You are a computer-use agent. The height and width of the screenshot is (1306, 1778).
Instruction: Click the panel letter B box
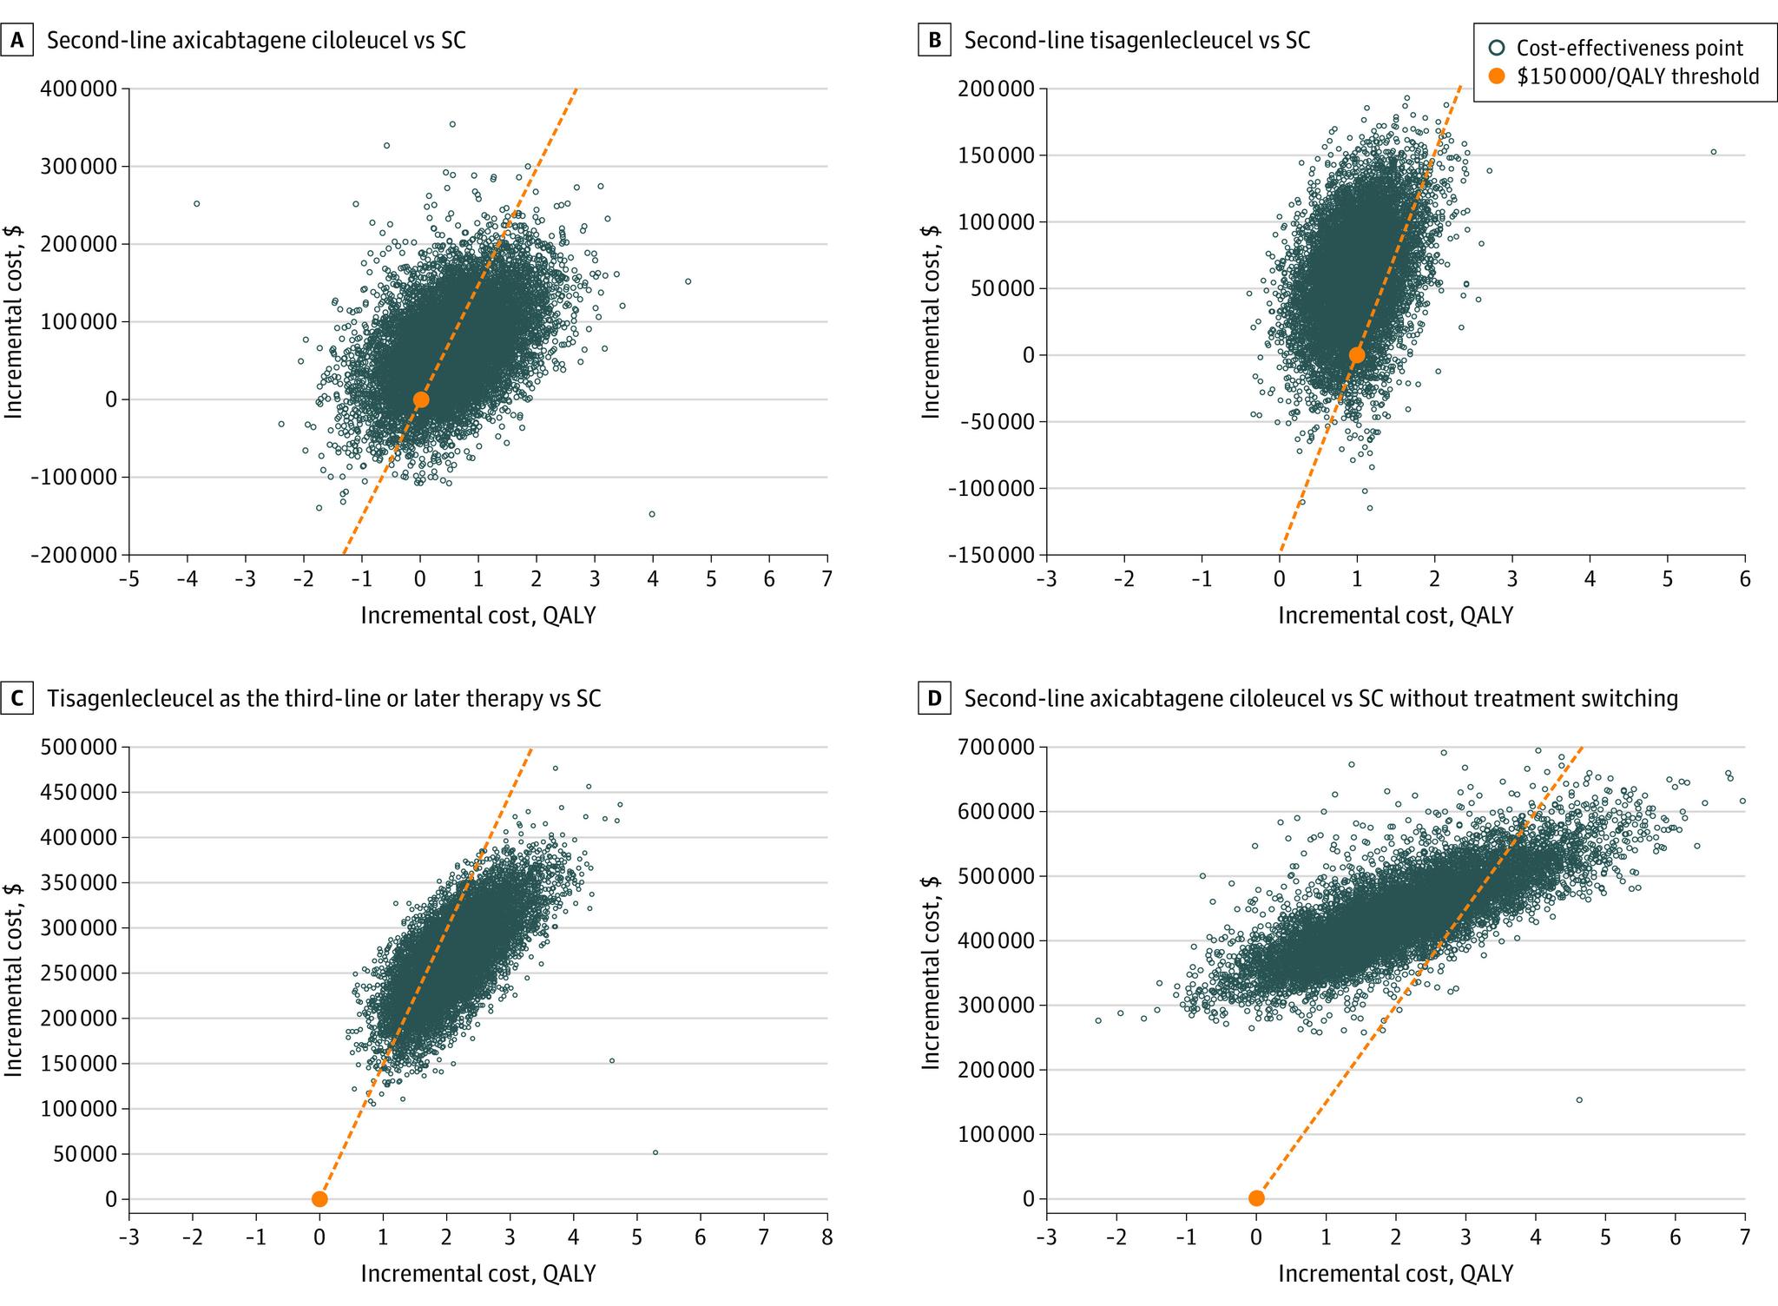934,41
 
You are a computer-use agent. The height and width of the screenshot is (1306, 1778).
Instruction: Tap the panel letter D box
934,698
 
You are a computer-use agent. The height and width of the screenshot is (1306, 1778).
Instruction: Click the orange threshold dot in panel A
420,399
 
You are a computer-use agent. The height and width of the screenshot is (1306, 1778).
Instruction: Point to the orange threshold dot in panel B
1357,354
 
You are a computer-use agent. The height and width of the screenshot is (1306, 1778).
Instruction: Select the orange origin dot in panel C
319,1199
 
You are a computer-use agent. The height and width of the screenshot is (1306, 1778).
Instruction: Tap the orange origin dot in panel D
1256,1198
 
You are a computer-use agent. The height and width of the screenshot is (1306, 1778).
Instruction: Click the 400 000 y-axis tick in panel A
79,89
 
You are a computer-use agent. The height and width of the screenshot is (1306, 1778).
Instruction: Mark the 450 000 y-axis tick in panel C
79,792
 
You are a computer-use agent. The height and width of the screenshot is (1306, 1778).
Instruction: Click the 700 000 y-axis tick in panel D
997,747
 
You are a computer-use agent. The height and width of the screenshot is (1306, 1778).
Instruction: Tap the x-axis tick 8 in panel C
826,1235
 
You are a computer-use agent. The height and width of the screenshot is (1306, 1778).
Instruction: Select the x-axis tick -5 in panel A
128,578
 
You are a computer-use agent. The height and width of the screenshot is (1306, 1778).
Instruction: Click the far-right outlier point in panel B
1713,152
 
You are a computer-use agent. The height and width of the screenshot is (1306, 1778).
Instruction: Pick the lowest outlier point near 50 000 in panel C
655,1152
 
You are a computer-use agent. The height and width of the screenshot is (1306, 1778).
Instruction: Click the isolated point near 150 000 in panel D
1579,1100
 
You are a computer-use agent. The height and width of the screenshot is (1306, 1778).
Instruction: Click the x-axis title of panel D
1395,1273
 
